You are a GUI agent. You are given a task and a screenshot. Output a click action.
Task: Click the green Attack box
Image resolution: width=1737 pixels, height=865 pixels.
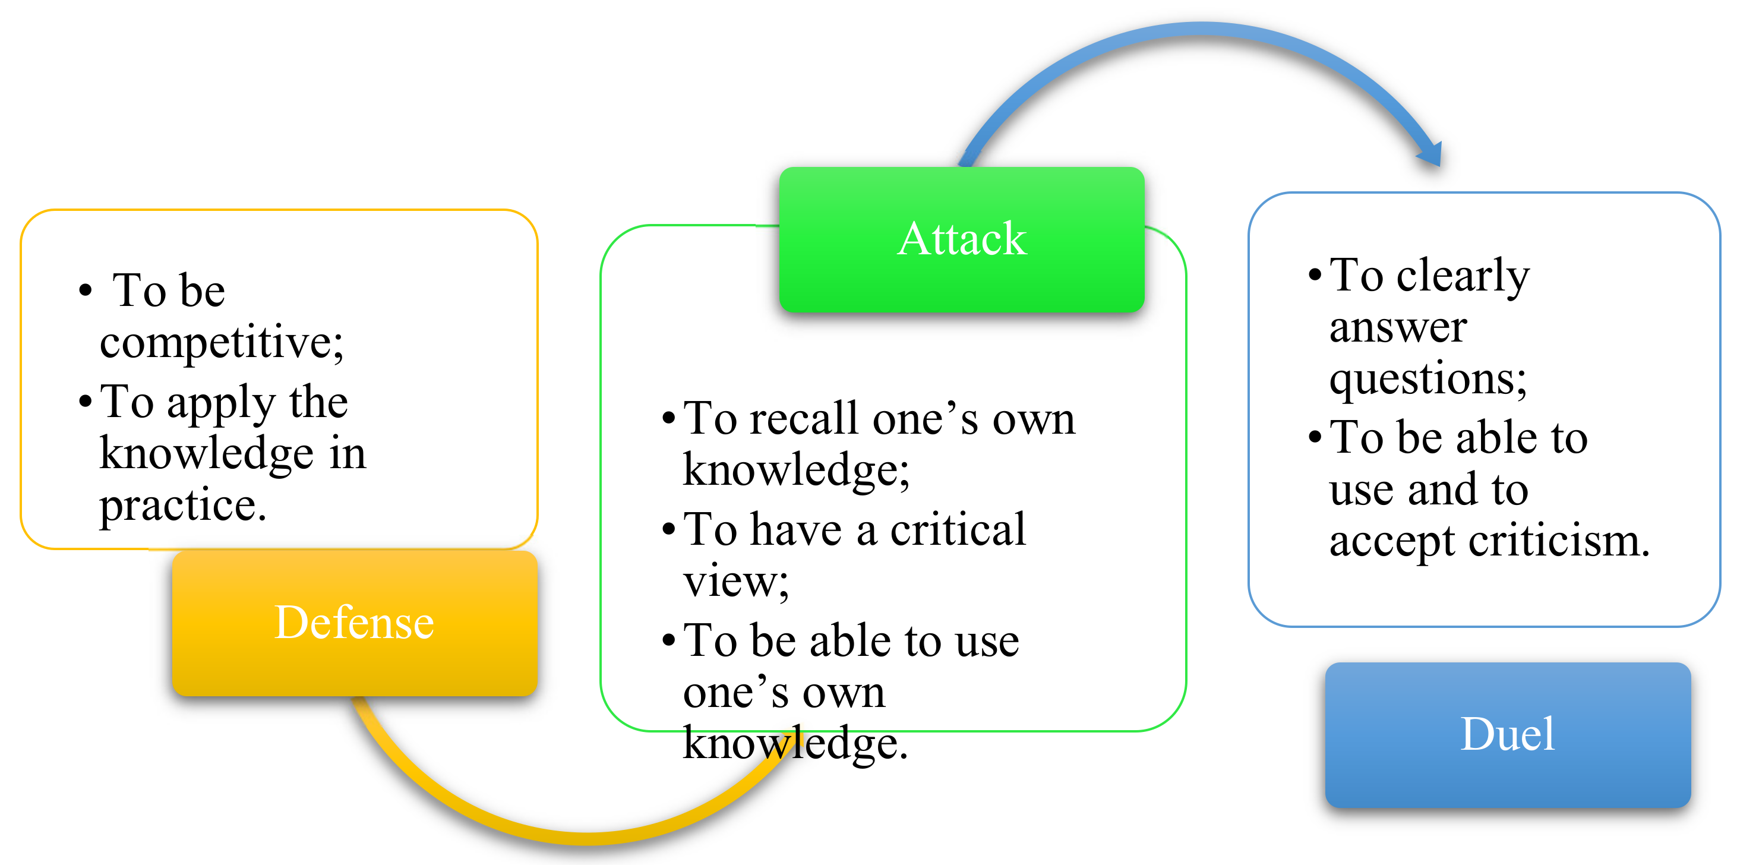tap(961, 239)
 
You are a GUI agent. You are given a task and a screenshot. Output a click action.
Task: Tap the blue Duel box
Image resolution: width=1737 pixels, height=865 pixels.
tap(1507, 735)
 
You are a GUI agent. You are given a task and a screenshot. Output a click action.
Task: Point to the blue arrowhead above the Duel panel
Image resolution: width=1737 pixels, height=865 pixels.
tap(1431, 155)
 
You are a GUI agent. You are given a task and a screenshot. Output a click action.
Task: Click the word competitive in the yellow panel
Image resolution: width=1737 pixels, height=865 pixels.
tap(221, 342)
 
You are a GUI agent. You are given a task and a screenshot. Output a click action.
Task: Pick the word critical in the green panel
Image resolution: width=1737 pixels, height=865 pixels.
tap(958, 530)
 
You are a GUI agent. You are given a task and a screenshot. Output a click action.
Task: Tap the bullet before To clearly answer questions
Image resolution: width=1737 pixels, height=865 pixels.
tap(1314, 275)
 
